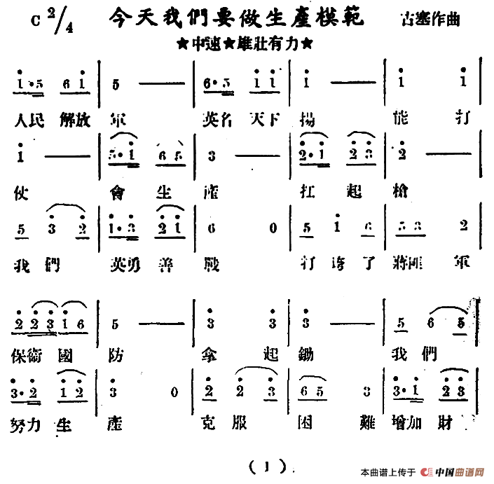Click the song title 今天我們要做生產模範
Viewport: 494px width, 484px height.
pos(238,18)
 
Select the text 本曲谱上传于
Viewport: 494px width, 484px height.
pos(388,471)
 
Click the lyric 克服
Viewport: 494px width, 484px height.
pos(223,423)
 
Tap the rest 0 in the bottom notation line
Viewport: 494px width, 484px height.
pos(174,392)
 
